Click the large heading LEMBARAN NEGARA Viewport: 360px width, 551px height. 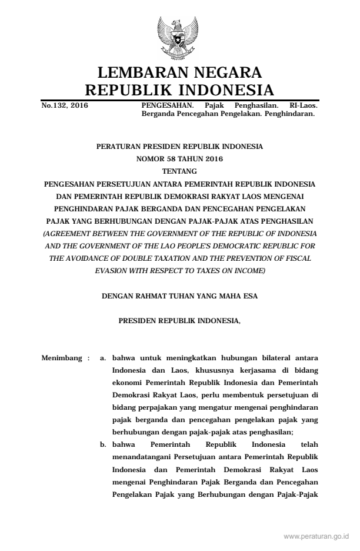[x=179, y=74]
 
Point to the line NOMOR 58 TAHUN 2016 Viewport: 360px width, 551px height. [x=179, y=158]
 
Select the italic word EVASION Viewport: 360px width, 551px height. [x=115, y=270]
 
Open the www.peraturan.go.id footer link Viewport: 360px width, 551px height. [x=316, y=537]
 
